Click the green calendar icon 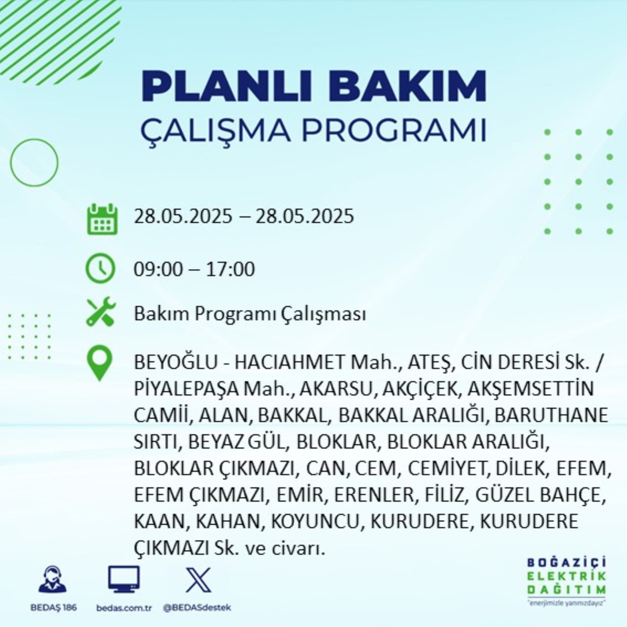(102, 219)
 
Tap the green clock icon (100, 268)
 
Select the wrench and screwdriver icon (101, 312)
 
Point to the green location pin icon (100, 363)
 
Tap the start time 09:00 (158, 269)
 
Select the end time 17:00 (230, 269)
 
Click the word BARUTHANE (551, 415)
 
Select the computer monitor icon (124, 579)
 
